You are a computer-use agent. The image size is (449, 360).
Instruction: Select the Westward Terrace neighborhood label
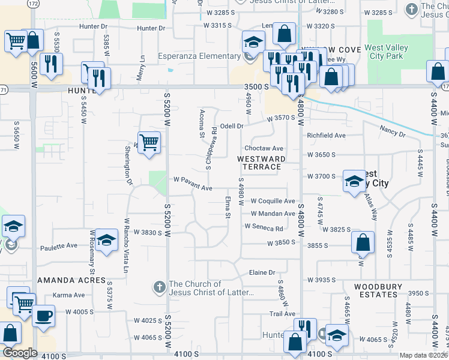pos(260,163)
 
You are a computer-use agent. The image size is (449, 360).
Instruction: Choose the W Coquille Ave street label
pos(273,201)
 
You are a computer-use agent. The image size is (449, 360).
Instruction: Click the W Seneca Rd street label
pos(264,228)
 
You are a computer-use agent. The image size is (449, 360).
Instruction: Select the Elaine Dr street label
pos(262,272)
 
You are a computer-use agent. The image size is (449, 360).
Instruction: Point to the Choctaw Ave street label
pos(264,148)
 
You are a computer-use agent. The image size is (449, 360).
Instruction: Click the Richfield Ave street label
pos(327,136)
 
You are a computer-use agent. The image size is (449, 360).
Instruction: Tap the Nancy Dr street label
pos(393,131)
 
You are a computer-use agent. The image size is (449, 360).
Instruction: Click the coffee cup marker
pos(43,316)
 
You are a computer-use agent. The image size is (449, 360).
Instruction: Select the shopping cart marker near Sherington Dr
pos(149,143)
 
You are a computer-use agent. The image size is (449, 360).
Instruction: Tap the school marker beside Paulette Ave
pos(106,241)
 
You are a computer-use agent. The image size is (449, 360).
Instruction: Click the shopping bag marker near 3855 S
pos(363,242)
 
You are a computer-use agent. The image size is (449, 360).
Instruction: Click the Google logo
pos(20,353)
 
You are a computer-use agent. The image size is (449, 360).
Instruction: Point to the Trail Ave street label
pos(282,314)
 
